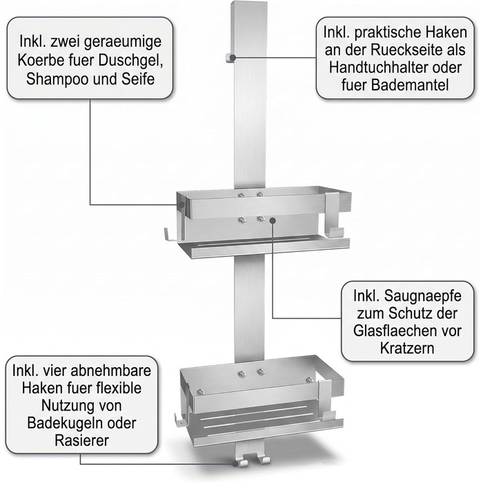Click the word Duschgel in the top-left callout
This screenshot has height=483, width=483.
point(130,61)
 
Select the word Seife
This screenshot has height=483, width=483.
point(138,79)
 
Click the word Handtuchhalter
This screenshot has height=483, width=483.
point(379,68)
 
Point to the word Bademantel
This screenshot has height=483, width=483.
point(410,85)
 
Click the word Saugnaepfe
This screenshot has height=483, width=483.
point(422,296)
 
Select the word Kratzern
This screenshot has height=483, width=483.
point(407,348)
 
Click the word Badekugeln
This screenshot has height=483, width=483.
point(64,423)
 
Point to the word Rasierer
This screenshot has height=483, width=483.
point(81,440)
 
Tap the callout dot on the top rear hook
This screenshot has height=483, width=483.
point(233,57)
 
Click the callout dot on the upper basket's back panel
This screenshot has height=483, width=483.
point(273,220)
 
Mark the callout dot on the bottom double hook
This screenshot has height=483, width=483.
point(236,464)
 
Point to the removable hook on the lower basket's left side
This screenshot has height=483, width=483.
point(179,419)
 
